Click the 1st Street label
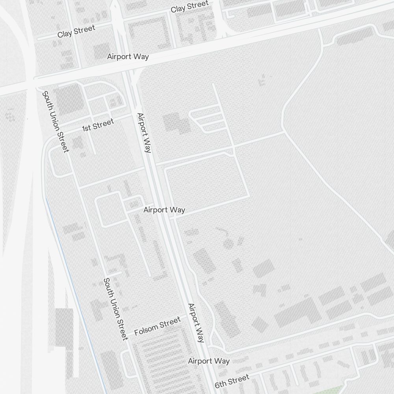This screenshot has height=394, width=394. (98, 125)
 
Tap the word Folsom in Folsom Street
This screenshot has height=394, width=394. (146, 329)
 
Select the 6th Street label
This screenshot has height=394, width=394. (232, 381)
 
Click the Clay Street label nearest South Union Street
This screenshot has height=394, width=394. (76, 31)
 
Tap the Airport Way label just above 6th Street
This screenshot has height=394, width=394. (209, 361)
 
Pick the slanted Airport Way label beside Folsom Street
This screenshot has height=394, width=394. (196, 323)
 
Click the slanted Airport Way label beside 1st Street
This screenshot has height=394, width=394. (144, 133)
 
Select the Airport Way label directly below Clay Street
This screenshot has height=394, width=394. (128, 56)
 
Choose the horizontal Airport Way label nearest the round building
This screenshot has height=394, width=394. (164, 210)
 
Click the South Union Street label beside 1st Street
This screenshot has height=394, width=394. (56, 121)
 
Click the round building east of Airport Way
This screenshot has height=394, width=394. (228, 243)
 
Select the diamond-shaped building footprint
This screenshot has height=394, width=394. (260, 324)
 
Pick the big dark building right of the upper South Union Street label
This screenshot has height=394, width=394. (69, 98)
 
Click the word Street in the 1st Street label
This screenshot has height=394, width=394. (103, 124)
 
